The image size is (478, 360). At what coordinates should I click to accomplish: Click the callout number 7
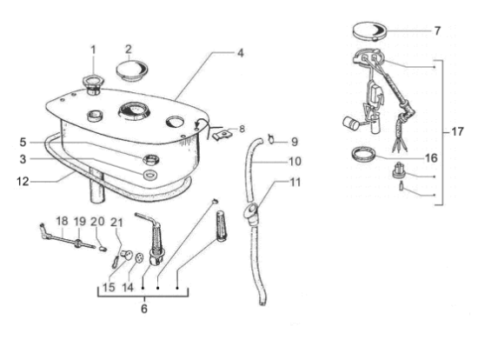437,30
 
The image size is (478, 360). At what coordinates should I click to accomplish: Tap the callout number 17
457,132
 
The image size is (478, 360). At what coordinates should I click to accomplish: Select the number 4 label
241,53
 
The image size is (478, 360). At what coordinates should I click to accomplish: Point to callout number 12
23,182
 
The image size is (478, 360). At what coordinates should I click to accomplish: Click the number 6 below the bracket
144,309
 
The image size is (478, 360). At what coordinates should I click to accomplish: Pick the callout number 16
431,158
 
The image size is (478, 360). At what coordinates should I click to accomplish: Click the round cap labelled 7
369,30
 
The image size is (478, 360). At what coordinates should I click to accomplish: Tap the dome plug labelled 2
132,70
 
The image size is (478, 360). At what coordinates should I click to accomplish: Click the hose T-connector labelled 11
252,213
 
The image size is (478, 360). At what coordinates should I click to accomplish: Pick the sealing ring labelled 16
363,155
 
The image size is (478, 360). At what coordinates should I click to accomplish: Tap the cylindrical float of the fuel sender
350,123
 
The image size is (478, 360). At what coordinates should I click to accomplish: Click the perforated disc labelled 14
140,257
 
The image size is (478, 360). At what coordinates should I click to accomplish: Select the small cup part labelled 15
127,255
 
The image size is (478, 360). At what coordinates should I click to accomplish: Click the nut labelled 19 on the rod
79,243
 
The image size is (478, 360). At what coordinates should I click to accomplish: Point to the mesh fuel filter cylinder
222,226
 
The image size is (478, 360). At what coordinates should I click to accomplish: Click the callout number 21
116,223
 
